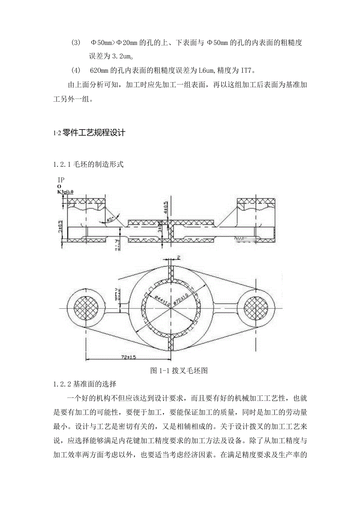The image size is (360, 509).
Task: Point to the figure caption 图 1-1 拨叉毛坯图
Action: pyautogui.click(x=179, y=371)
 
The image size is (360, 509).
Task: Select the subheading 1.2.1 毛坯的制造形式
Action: pyautogui.click(x=88, y=164)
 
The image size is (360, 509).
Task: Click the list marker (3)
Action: pyautogui.click(x=76, y=43)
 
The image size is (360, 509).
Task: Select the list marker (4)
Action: pyautogui.click(x=76, y=71)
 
